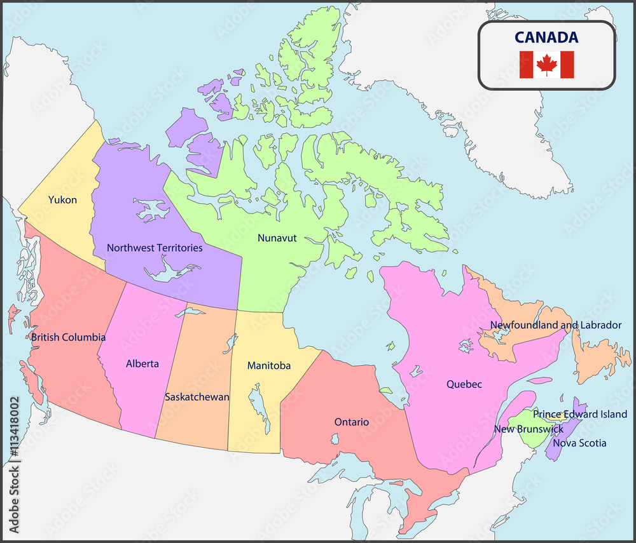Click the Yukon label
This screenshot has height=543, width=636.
[x=62, y=200]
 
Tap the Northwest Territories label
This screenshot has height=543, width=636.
[x=155, y=248]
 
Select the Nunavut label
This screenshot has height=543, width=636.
[x=277, y=238]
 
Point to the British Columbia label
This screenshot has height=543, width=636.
[x=68, y=337]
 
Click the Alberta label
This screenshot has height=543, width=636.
[x=142, y=364]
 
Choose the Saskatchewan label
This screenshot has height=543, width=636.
[x=197, y=397]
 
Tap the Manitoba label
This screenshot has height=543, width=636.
[x=269, y=366]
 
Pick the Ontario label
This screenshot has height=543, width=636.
[x=352, y=422]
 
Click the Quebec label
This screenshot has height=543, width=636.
[x=464, y=384]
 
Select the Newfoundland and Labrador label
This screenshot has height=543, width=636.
[x=555, y=325]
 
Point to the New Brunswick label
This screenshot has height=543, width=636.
[x=529, y=429]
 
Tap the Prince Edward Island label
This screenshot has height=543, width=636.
[x=580, y=414]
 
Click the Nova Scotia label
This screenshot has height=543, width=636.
[x=579, y=443]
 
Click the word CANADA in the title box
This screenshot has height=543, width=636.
[x=546, y=37]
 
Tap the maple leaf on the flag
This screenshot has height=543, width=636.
[x=546, y=64]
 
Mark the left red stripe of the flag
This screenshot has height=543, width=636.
[x=526, y=64]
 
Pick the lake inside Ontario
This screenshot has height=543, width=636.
[x=334, y=439]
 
